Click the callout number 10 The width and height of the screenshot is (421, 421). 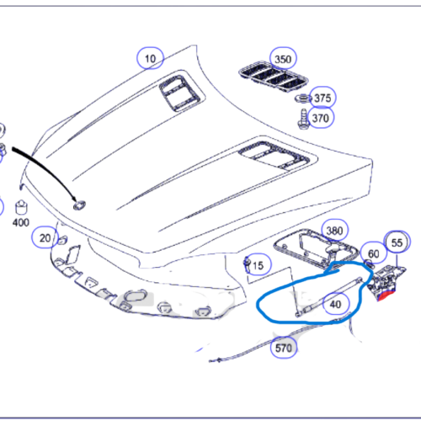[150, 59]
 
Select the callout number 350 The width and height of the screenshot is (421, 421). [283, 59]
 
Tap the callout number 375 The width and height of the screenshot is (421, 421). [322, 98]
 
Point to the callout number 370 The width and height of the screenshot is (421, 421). [321, 118]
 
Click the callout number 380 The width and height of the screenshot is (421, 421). [334, 231]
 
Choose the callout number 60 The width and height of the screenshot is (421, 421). [374, 254]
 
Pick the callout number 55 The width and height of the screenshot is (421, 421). [397, 242]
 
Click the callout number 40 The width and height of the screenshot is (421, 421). [336, 304]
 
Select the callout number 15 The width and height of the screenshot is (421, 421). [258, 265]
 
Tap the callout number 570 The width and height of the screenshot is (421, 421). [284, 348]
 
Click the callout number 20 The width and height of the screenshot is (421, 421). [45, 238]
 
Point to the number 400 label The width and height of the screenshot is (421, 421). [21, 222]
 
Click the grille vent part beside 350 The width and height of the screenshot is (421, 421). [274, 76]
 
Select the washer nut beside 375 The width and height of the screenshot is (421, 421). [303, 99]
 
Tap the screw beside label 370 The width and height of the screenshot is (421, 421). [303, 120]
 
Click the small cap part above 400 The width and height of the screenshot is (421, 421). [21, 207]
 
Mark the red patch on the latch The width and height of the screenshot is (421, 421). [386, 296]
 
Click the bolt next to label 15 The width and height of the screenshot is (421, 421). [247, 265]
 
